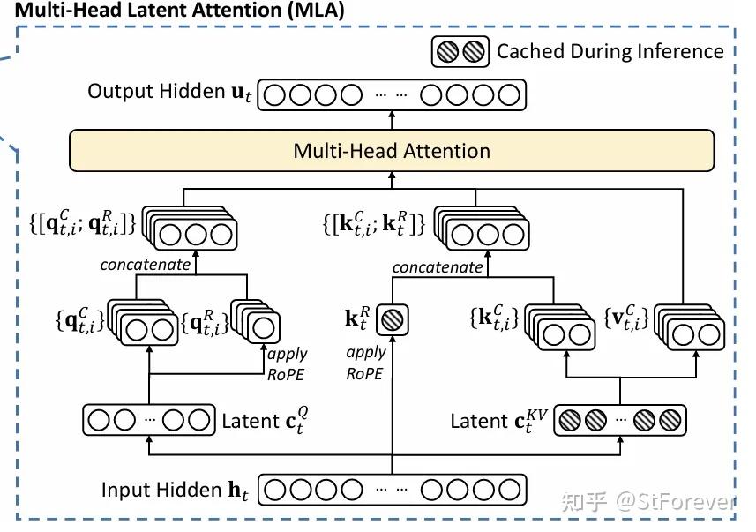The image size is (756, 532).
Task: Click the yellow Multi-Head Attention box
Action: (391, 151)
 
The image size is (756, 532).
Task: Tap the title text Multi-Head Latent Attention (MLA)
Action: (174, 11)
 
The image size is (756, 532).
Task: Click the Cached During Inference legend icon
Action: (460, 51)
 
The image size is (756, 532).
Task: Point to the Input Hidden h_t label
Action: (175, 490)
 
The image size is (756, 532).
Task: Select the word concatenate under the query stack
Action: (145, 264)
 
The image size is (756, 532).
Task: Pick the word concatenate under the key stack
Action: (438, 266)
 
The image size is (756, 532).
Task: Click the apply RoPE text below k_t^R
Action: (365, 362)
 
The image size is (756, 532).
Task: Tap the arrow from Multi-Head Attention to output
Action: (391, 120)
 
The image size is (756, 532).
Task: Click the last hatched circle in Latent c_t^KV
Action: (670, 421)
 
